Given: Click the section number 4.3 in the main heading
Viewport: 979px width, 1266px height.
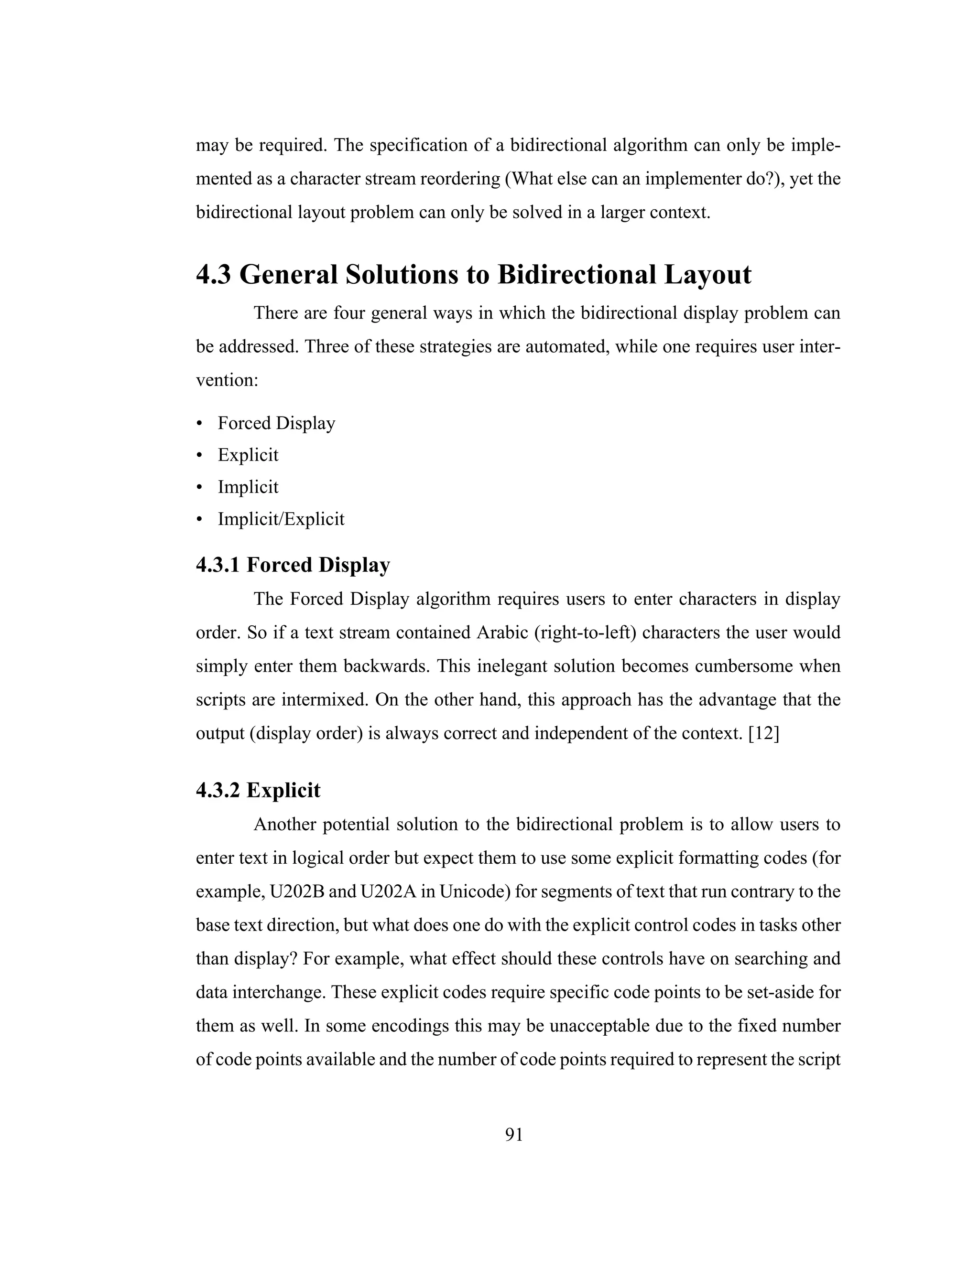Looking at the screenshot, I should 213,274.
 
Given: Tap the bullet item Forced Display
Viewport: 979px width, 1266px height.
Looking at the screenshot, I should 276,423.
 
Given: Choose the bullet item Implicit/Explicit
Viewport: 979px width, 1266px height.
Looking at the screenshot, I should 281,519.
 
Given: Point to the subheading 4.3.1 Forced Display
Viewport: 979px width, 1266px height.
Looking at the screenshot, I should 293,565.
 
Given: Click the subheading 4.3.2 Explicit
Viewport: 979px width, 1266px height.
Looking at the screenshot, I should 258,790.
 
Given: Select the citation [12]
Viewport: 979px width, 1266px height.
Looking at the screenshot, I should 764,733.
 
